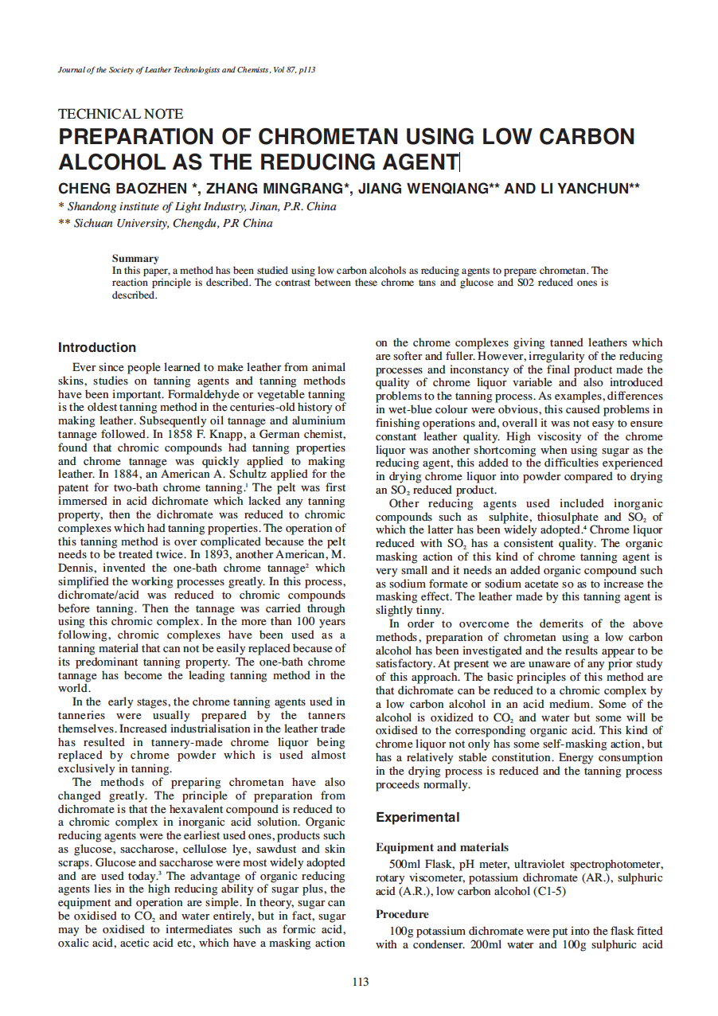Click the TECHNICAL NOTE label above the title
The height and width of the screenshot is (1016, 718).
coord(121,114)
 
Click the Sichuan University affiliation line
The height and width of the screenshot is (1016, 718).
coord(166,224)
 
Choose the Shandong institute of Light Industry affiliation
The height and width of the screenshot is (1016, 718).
coord(197,207)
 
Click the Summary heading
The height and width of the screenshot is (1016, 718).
coord(135,258)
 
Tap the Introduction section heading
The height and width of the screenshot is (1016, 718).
coord(97,347)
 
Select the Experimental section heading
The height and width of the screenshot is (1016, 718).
coord(418,817)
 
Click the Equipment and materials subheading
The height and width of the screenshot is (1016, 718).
coord(442,847)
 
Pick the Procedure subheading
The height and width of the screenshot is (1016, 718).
coord(402,914)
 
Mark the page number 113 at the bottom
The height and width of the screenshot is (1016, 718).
coord(360,982)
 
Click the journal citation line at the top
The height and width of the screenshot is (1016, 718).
coord(187,70)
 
